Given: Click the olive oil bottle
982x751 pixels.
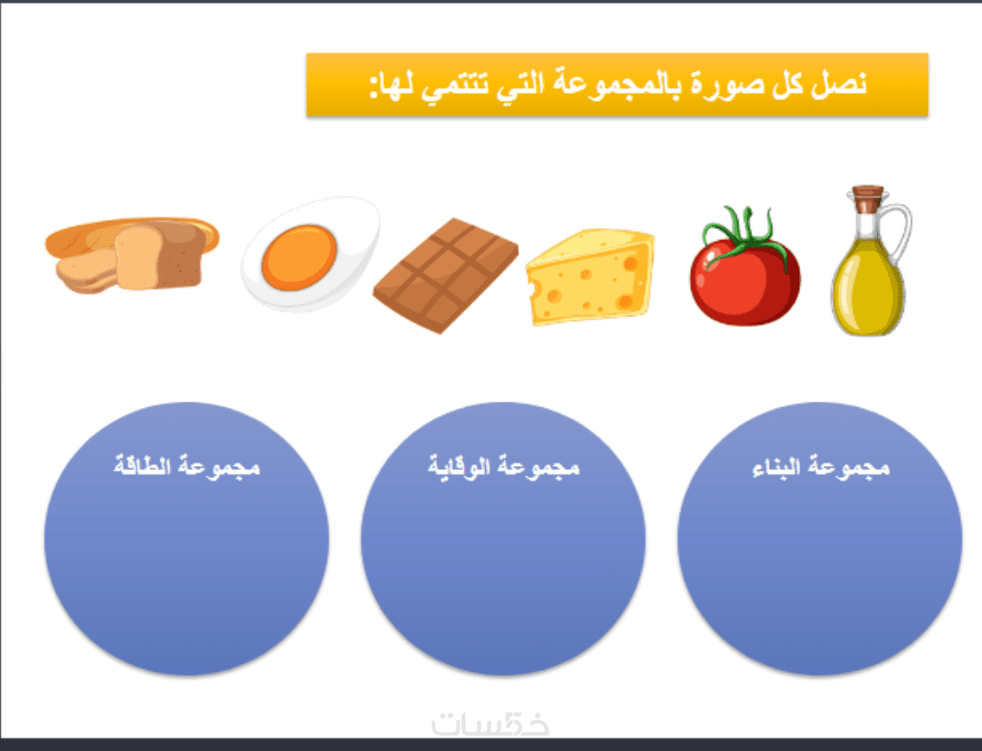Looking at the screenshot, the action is pos(868,263).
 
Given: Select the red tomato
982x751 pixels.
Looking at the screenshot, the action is pos(745,273).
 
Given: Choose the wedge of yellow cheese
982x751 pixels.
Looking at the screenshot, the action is pos(590,277).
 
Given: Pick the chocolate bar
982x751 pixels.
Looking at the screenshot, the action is pos(446,275).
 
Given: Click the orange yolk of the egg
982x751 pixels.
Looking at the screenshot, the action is pos(299,257).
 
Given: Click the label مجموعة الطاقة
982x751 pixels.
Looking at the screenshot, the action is pos(186,467).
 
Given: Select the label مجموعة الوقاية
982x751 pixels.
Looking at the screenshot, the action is pos(503,467).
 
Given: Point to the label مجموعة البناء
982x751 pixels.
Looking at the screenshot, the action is pos(820,467).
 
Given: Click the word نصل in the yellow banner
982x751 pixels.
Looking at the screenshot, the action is pos(840,84).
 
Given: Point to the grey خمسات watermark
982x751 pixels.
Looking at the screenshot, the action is pos(491,724).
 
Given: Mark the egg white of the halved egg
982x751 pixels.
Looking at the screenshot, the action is pos(310,254).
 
